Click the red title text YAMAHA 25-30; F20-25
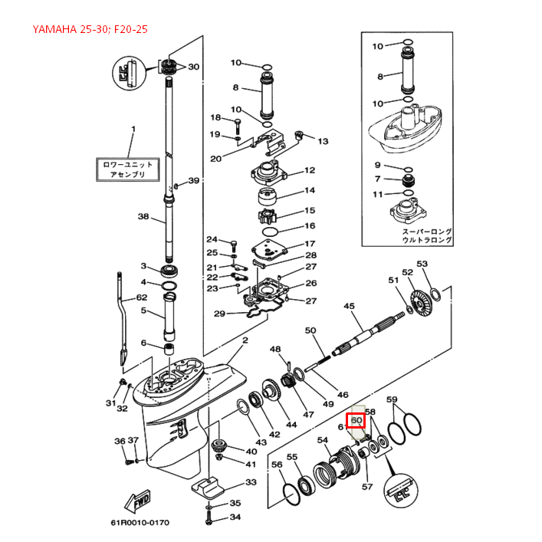(x=90, y=30)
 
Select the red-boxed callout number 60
(x=356, y=419)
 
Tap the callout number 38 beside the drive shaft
(x=143, y=217)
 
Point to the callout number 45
(x=349, y=306)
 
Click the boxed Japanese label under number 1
(x=128, y=169)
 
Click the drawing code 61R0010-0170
(x=139, y=523)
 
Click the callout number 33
(x=251, y=482)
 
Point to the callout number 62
(x=141, y=297)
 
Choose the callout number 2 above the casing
(x=245, y=340)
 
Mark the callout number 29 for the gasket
(x=218, y=314)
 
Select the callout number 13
(x=322, y=141)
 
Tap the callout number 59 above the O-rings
(x=392, y=399)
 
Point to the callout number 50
(x=310, y=330)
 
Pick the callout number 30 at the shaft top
(x=193, y=67)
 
